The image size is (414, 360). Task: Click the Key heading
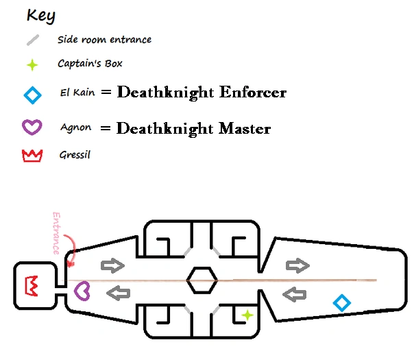40,15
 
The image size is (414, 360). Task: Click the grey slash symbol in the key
32,40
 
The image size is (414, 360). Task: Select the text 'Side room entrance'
104,40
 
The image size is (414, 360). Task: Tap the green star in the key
32,65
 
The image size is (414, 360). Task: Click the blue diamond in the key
32,95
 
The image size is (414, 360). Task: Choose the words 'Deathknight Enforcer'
202,93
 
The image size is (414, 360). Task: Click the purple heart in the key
32,126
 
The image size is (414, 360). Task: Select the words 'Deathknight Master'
194,128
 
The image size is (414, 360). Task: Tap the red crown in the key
32,156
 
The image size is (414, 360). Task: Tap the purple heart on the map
82,290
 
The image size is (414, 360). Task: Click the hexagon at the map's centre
202,280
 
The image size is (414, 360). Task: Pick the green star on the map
247,315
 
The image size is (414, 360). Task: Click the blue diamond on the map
341,302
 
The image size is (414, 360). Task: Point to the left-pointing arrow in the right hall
295,296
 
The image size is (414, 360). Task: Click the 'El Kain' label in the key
76,95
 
